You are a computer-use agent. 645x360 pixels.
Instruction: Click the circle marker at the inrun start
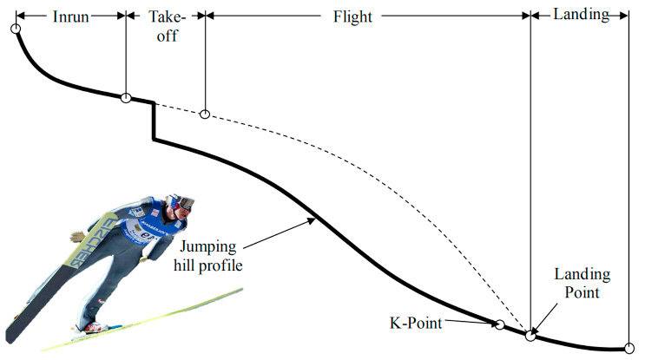(15, 29)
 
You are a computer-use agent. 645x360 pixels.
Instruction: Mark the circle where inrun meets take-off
(126, 97)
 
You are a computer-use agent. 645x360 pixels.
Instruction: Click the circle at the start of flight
(205, 114)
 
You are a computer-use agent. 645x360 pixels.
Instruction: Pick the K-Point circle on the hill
(499, 324)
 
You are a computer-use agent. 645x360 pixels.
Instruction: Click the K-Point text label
(415, 324)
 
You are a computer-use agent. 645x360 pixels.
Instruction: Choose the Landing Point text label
(582, 284)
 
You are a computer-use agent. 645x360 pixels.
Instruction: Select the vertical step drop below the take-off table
(154, 121)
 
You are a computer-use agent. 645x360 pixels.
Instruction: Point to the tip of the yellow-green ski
(240, 290)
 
